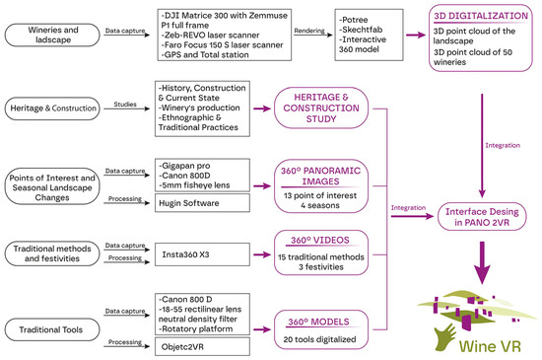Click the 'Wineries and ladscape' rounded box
click(52, 35)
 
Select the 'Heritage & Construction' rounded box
click(52, 108)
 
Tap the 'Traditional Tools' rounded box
click(52, 329)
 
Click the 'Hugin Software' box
click(202, 203)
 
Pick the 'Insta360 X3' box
click(202, 254)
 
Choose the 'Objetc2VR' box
click(202, 346)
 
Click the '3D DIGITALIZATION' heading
click(481, 16)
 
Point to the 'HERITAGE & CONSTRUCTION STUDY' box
click(321, 108)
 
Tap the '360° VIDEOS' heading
click(320, 240)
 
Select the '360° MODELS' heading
click(318, 322)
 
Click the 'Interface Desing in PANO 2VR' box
click(482, 217)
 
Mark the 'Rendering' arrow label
click(309, 31)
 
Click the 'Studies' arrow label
click(125, 105)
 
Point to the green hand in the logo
click(445, 337)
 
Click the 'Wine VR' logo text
click(490, 346)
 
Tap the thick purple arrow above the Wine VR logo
click(482, 262)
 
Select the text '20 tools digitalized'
click(319, 339)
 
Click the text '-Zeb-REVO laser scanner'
click(210, 36)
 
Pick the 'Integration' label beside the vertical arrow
click(503, 145)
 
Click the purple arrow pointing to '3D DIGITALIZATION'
click(416, 35)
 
